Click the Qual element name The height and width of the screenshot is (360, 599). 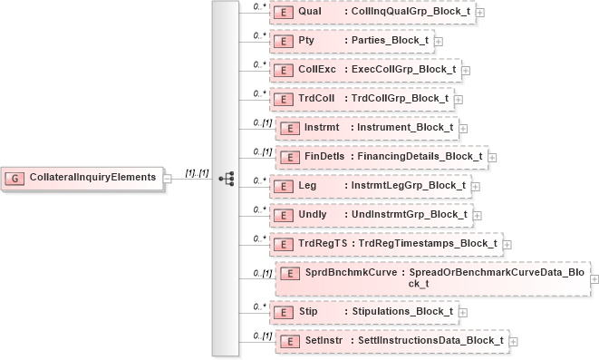[x=311, y=12]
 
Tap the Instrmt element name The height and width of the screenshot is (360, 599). [x=322, y=127]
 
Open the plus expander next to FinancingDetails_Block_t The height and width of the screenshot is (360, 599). [x=492, y=157]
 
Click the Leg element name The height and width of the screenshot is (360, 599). [x=308, y=185]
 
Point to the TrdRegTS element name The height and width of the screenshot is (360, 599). [x=323, y=243]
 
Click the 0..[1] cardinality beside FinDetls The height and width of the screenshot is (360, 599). [x=262, y=151]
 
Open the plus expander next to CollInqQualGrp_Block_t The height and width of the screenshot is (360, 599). [x=479, y=13]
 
